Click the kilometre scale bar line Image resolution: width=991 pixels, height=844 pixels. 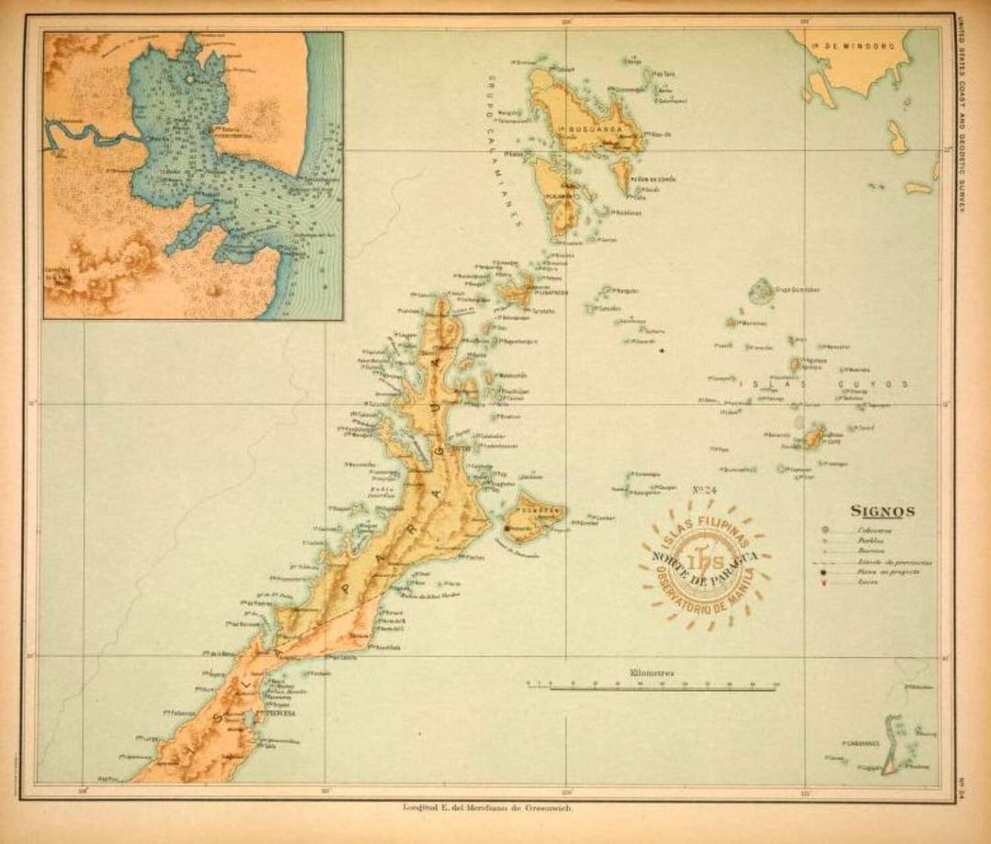pyautogui.click(x=651, y=685)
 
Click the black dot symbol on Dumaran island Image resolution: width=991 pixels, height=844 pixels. pyautogui.click(x=507, y=528)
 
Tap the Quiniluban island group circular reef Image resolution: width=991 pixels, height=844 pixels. pyautogui.click(x=760, y=292)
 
